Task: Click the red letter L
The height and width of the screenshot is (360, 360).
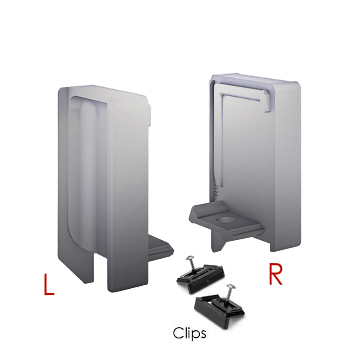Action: pos(49,284)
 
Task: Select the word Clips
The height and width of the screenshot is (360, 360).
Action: pos(189,333)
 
